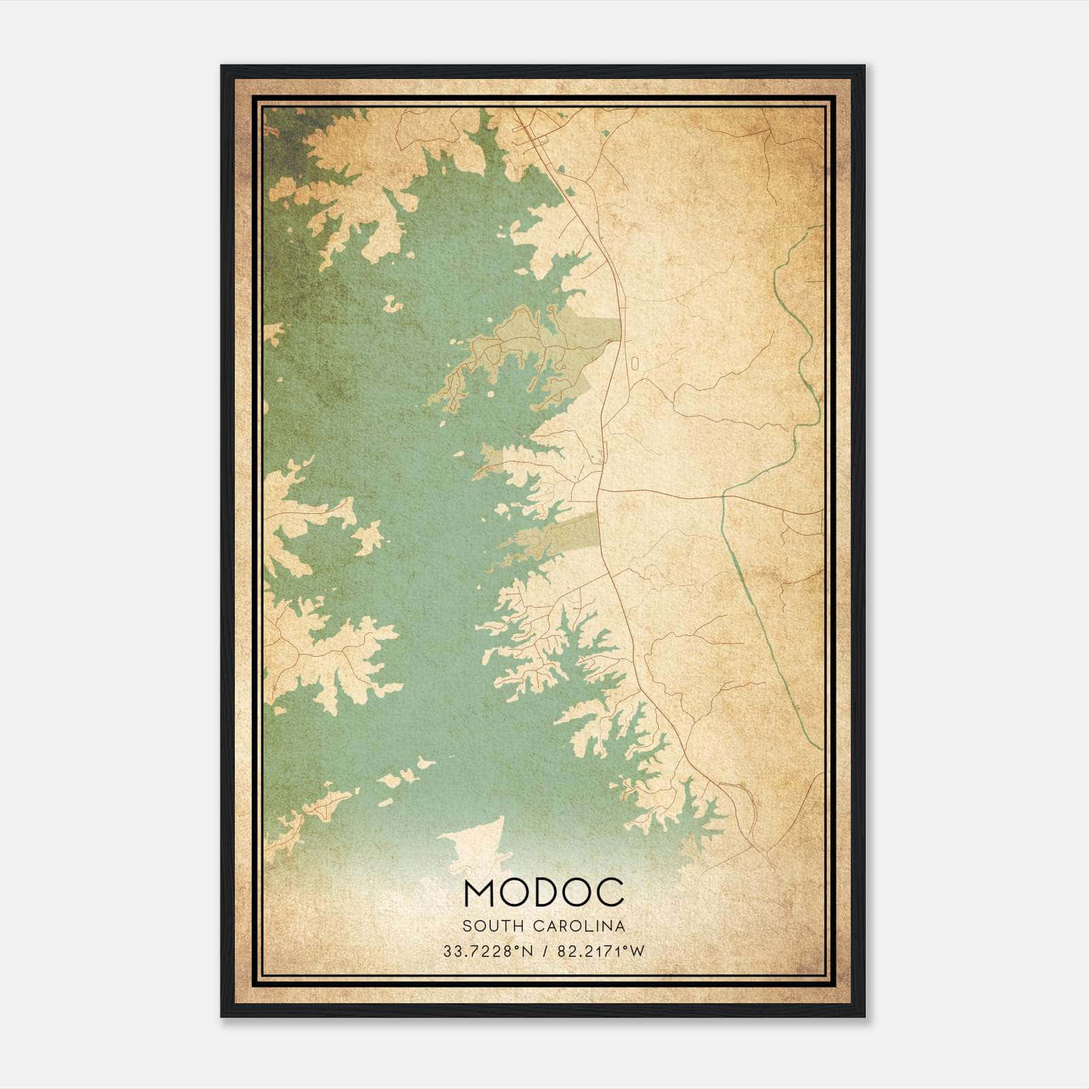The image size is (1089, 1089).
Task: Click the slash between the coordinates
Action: (544, 952)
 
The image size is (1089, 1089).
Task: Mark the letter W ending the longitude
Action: (637, 952)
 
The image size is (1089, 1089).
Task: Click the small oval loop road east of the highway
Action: (634, 363)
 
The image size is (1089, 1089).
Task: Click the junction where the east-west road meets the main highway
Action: (599, 489)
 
